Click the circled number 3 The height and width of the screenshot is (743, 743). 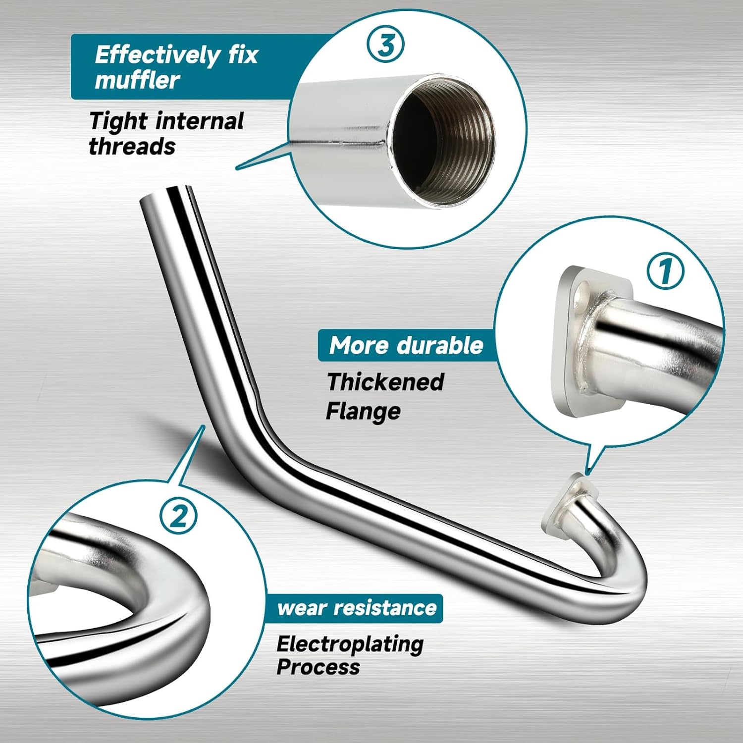[385, 45]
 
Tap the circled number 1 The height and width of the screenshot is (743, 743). [665, 271]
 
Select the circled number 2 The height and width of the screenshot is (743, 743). [178, 516]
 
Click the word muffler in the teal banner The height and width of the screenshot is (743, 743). [137, 80]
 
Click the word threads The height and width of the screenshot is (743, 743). [132, 147]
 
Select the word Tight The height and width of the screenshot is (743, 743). [118, 121]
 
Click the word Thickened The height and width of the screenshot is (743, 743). [385, 382]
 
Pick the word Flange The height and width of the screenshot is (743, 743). [363, 411]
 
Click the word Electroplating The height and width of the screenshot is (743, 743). [350, 644]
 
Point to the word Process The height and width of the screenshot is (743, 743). [318, 667]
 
